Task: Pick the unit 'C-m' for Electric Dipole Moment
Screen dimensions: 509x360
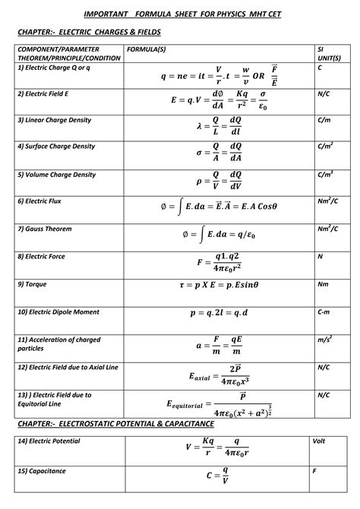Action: pyautogui.click(x=323, y=311)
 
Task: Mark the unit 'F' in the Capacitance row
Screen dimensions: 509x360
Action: pyautogui.click(x=314, y=471)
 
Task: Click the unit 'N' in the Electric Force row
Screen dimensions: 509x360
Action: pyautogui.click(x=320, y=257)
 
